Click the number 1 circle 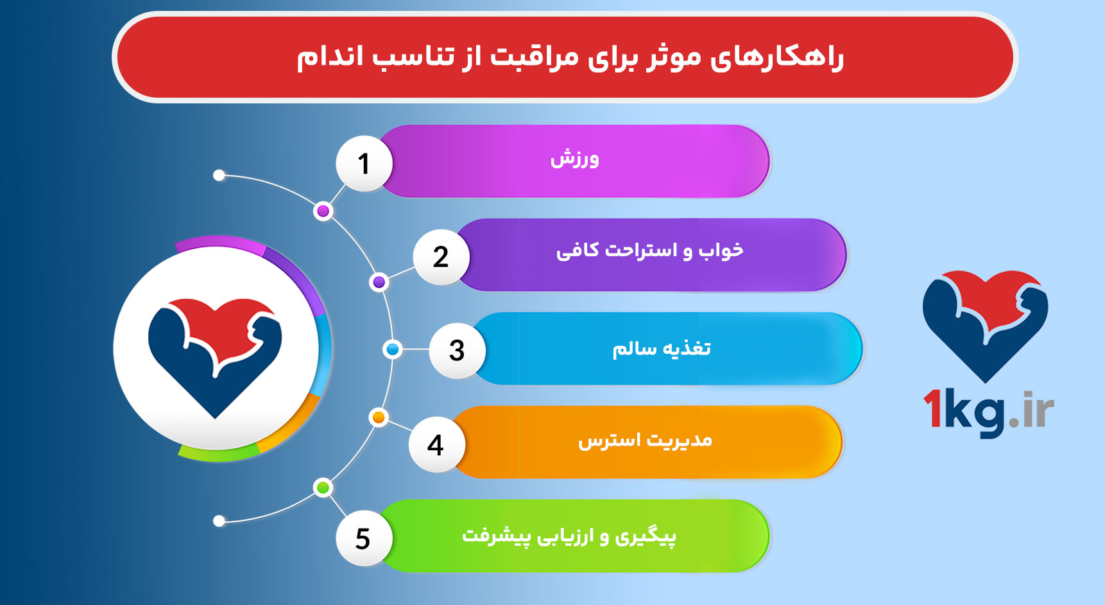coord(364,163)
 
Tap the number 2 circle coord(441,257)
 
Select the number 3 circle coord(456,351)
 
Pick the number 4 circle coord(436,444)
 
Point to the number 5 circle coord(363,538)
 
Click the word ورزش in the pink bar coord(574,159)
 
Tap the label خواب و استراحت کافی coord(649,250)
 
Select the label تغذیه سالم coord(661,349)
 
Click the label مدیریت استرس coord(645,441)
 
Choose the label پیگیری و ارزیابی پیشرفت coord(569,536)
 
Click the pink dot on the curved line coord(323,211)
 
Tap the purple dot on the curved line coord(379,282)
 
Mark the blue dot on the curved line coord(392,349)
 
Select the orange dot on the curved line coord(379,417)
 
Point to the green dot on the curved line coord(323,487)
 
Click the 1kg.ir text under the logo coord(988,412)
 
